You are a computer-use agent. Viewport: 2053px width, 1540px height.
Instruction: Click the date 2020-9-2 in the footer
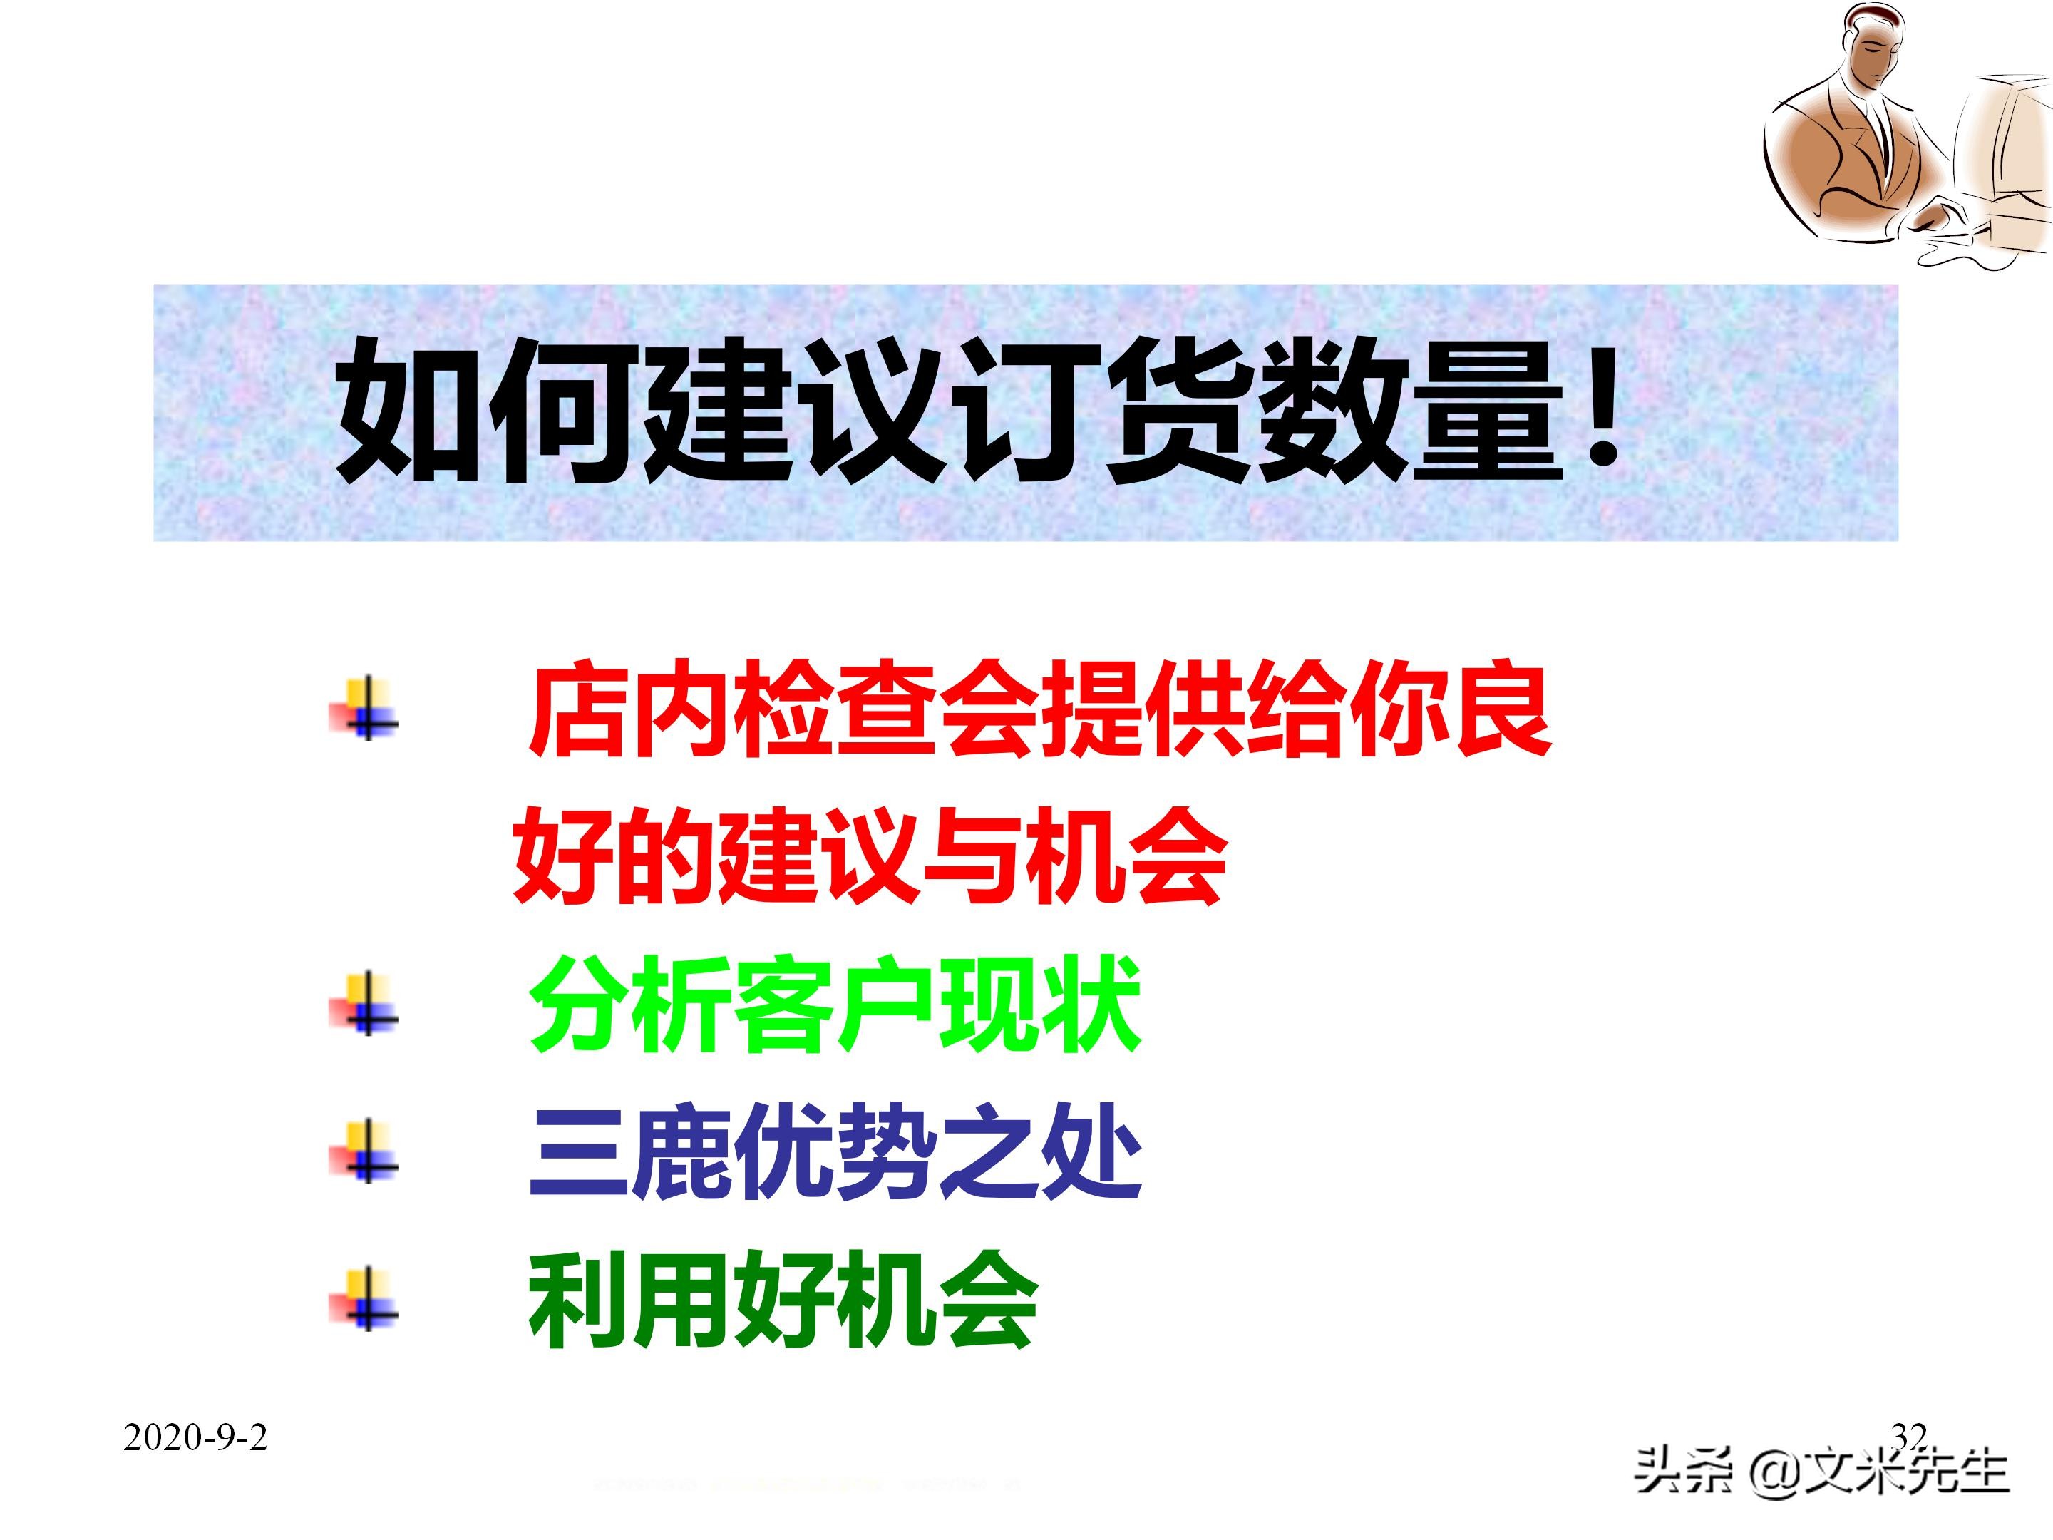pos(195,1438)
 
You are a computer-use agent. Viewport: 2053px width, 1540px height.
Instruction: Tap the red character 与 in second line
pos(970,856)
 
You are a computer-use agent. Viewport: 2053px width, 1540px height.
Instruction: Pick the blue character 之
pos(989,1151)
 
